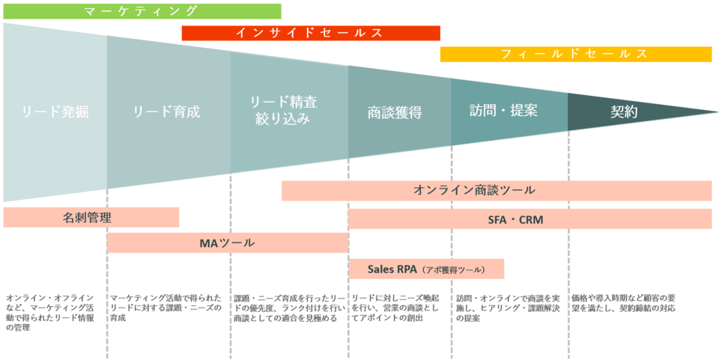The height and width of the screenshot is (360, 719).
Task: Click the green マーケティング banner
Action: pos(142,11)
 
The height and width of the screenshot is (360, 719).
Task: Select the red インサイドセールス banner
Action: pos(311,33)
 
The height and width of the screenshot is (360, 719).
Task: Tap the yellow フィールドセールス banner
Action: pos(575,54)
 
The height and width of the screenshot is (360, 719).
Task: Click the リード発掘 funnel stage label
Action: pos(55,112)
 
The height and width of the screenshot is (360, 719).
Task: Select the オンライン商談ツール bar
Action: pos(496,190)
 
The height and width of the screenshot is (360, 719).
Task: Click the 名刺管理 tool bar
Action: pos(91,218)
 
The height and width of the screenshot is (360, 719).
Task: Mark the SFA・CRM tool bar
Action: pos(530,219)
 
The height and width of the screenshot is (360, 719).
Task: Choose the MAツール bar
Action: pos(227,243)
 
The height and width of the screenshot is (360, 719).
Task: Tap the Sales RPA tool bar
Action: pos(426,269)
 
